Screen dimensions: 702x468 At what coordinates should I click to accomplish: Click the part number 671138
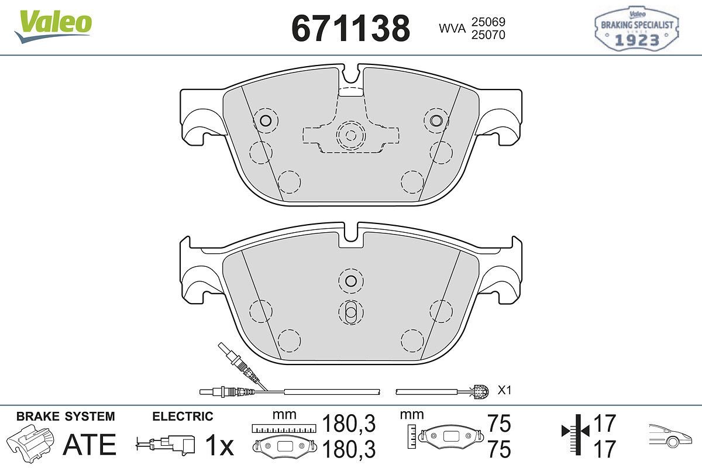(350, 28)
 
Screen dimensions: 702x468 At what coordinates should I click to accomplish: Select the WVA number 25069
(488, 22)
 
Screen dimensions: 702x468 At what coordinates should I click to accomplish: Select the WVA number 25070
(488, 35)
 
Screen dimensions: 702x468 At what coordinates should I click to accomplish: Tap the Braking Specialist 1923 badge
(637, 28)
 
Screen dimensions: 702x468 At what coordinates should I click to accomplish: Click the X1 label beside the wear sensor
(504, 390)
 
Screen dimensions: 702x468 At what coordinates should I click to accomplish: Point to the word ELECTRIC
(183, 417)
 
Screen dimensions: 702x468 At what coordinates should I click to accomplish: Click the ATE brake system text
(90, 445)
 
